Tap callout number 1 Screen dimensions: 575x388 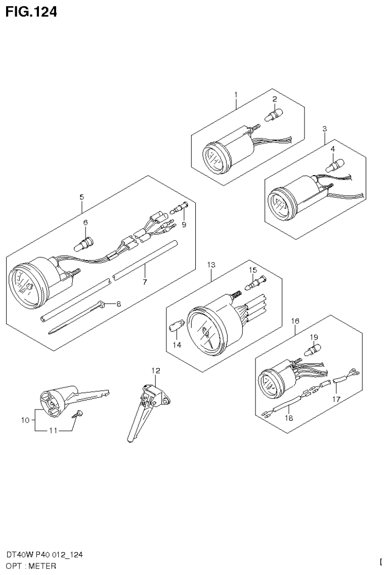pyautogui.click(x=236, y=94)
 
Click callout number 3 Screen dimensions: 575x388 pyautogui.click(x=325, y=129)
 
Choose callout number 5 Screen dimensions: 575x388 pyautogui.click(x=82, y=196)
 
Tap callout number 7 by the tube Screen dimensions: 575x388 pyautogui.click(x=145, y=282)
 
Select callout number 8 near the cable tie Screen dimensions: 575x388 pyautogui.click(x=118, y=304)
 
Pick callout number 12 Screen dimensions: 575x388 pyautogui.click(x=155, y=371)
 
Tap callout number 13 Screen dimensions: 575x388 pyautogui.click(x=211, y=265)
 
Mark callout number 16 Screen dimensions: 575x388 pyautogui.click(x=295, y=321)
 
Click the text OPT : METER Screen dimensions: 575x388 pyautogui.click(x=31, y=565)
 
